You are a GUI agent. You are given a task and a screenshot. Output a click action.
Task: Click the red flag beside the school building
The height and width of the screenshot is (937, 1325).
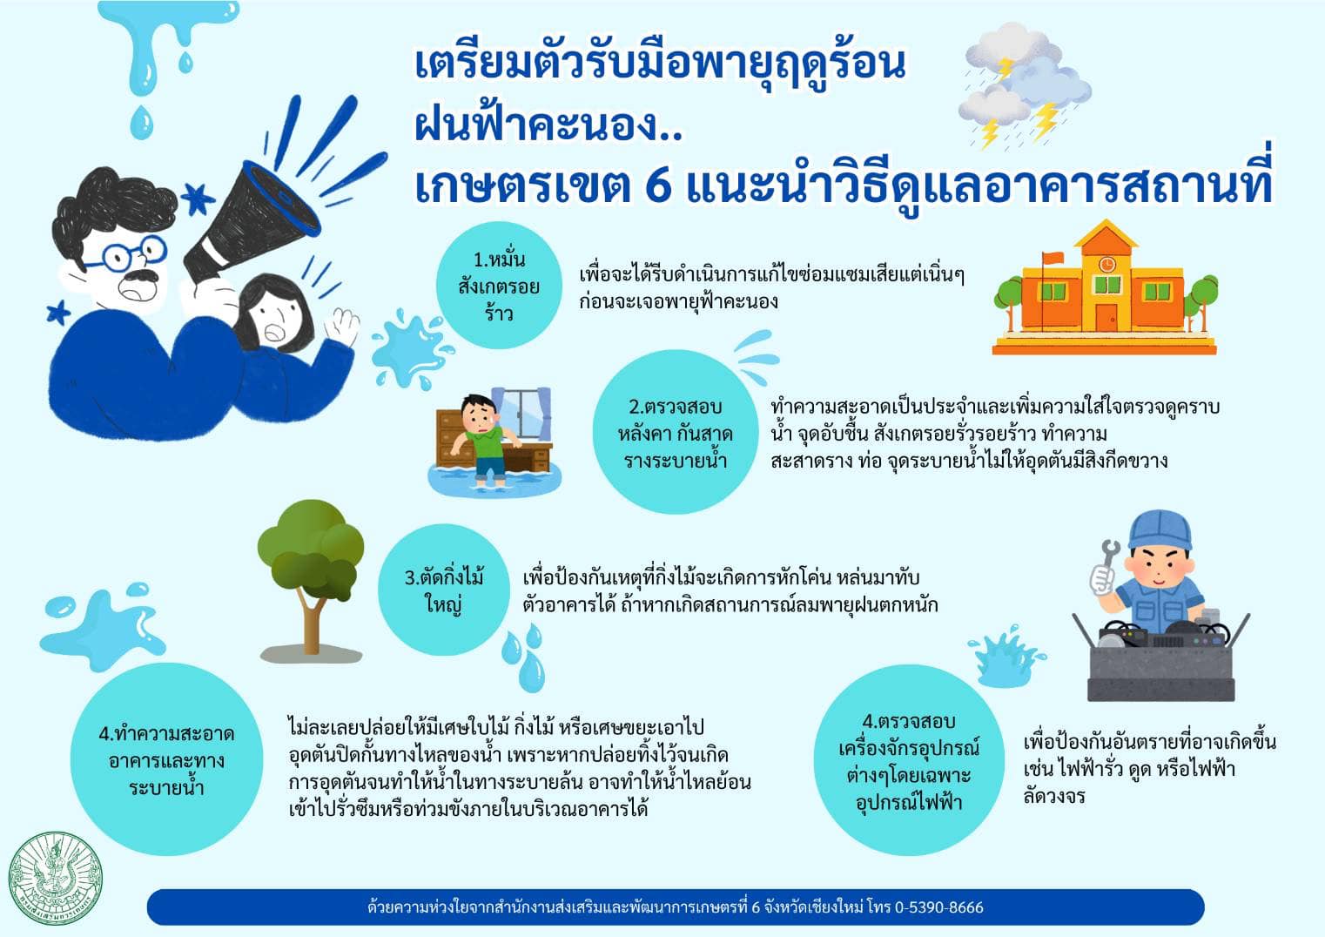[1053, 258]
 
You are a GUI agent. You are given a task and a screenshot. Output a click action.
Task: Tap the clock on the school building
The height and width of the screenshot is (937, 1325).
[1106, 264]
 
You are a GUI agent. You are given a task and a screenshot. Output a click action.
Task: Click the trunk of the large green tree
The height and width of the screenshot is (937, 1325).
[311, 622]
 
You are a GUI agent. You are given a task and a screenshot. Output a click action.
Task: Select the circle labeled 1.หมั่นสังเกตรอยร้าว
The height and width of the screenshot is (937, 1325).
[499, 286]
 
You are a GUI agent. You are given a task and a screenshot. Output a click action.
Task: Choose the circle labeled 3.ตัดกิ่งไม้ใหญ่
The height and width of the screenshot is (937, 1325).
[444, 590]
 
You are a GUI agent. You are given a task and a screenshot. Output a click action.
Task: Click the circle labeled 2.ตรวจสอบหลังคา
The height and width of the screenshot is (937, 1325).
[676, 433]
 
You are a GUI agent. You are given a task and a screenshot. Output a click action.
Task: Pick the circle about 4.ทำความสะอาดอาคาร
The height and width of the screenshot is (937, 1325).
[167, 759]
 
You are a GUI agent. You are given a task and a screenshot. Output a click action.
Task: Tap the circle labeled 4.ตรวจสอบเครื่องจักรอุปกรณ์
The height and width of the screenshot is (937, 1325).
[909, 761]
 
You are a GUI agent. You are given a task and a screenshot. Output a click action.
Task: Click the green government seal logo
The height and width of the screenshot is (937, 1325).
[55, 879]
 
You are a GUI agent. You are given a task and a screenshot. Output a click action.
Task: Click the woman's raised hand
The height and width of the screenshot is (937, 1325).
[342, 326]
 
